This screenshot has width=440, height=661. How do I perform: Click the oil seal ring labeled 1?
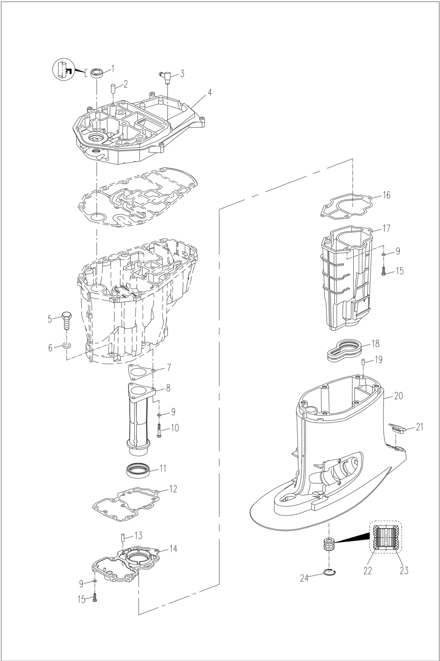click(x=97, y=73)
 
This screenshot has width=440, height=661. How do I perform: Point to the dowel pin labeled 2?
click(x=112, y=89)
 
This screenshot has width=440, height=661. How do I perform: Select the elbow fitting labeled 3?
click(x=164, y=75)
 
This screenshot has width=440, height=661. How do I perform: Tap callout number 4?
click(x=210, y=92)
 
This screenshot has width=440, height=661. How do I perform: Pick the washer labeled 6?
click(x=66, y=346)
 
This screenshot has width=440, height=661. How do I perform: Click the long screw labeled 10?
click(x=160, y=429)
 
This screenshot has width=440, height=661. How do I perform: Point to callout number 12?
click(x=173, y=489)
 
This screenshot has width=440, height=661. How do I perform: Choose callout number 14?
click(x=173, y=549)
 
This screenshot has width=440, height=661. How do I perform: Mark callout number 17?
click(x=386, y=229)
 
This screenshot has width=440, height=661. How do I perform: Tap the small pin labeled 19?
click(x=363, y=362)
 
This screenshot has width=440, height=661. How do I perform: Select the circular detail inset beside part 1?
click(x=63, y=70)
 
